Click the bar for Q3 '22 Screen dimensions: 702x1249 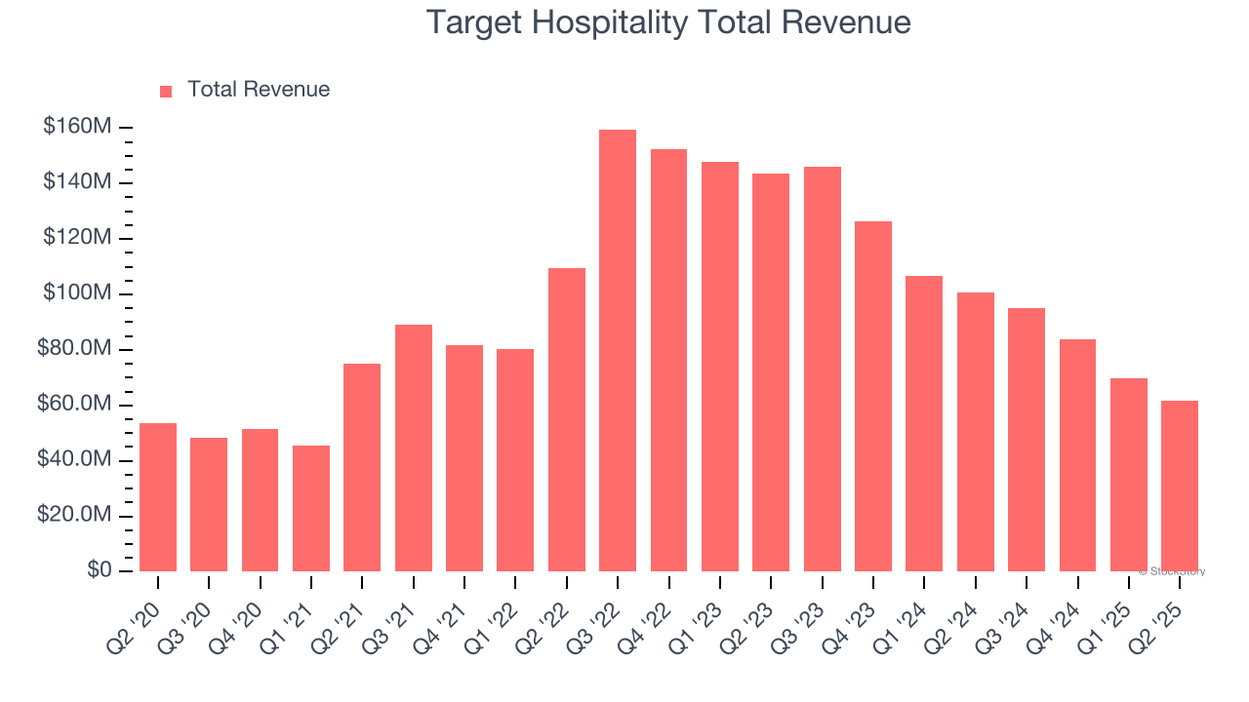(618, 351)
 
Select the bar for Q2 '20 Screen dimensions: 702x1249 (158, 497)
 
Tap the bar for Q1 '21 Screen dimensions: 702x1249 (311, 508)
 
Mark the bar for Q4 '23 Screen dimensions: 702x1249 (873, 396)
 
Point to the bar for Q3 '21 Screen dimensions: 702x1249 (414, 448)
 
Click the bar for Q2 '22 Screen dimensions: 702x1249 (567, 419)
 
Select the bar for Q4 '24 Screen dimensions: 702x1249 (1077, 455)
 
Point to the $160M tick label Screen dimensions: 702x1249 (77, 127)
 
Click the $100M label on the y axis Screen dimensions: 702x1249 (77, 293)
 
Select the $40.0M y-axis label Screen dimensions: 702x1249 (74, 460)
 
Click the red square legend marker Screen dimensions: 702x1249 (166, 91)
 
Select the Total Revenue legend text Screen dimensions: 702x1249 (259, 90)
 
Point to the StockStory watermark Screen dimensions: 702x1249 (1174, 571)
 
